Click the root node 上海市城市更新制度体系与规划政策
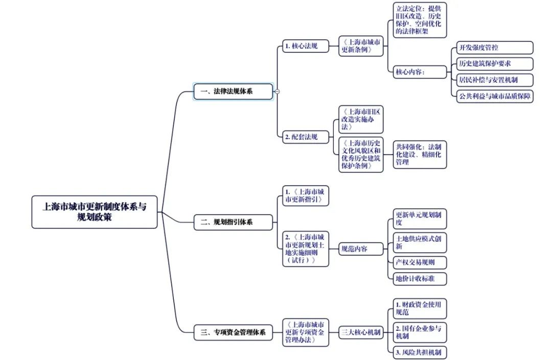[x=95, y=212]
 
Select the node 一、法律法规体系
[x=233, y=92]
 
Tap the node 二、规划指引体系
[x=233, y=222]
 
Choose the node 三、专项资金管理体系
[x=233, y=332]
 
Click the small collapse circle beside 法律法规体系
[x=277, y=92]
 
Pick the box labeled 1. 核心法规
[x=305, y=46]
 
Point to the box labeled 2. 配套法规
[x=305, y=137]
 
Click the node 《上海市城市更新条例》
[x=361, y=46]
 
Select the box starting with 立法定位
[x=419, y=20]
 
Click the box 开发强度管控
[x=494, y=48]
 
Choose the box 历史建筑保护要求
[x=494, y=64]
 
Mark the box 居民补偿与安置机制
[x=494, y=80]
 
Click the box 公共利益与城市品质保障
[x=494, y=96]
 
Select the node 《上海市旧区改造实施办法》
[x=361, y=119]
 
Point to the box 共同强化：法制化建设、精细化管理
[x=419, y=154]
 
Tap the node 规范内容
[x=361, y=249]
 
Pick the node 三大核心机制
[x=361, y=332]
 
